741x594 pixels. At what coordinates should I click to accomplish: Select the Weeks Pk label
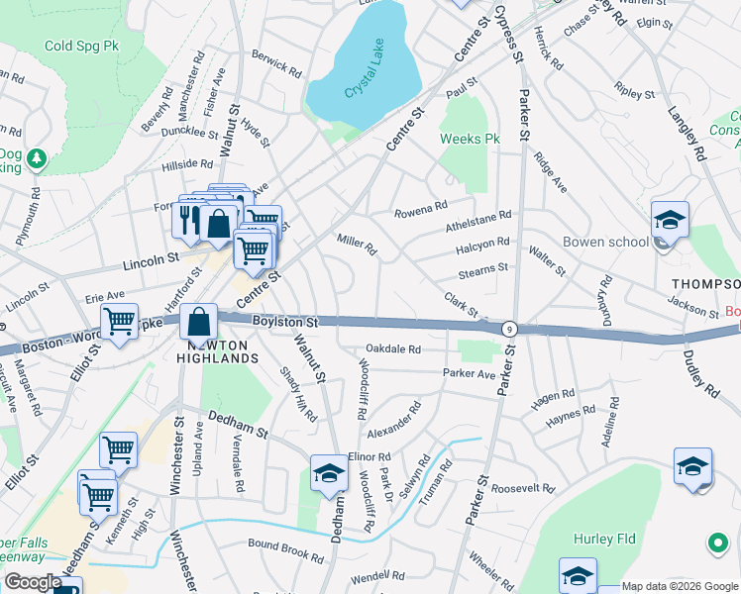[469, 140]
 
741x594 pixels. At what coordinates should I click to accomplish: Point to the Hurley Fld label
[600, 540]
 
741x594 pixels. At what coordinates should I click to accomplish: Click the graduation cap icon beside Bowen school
[670, 220]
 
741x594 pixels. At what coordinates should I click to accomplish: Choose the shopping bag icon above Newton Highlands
[199, 322]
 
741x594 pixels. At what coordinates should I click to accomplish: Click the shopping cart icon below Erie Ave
[119, 322]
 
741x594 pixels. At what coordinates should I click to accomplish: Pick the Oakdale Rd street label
[393, 349]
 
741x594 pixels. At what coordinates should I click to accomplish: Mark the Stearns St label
[482, 267]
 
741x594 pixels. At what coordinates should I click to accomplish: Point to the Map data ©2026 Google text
[679, 586]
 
